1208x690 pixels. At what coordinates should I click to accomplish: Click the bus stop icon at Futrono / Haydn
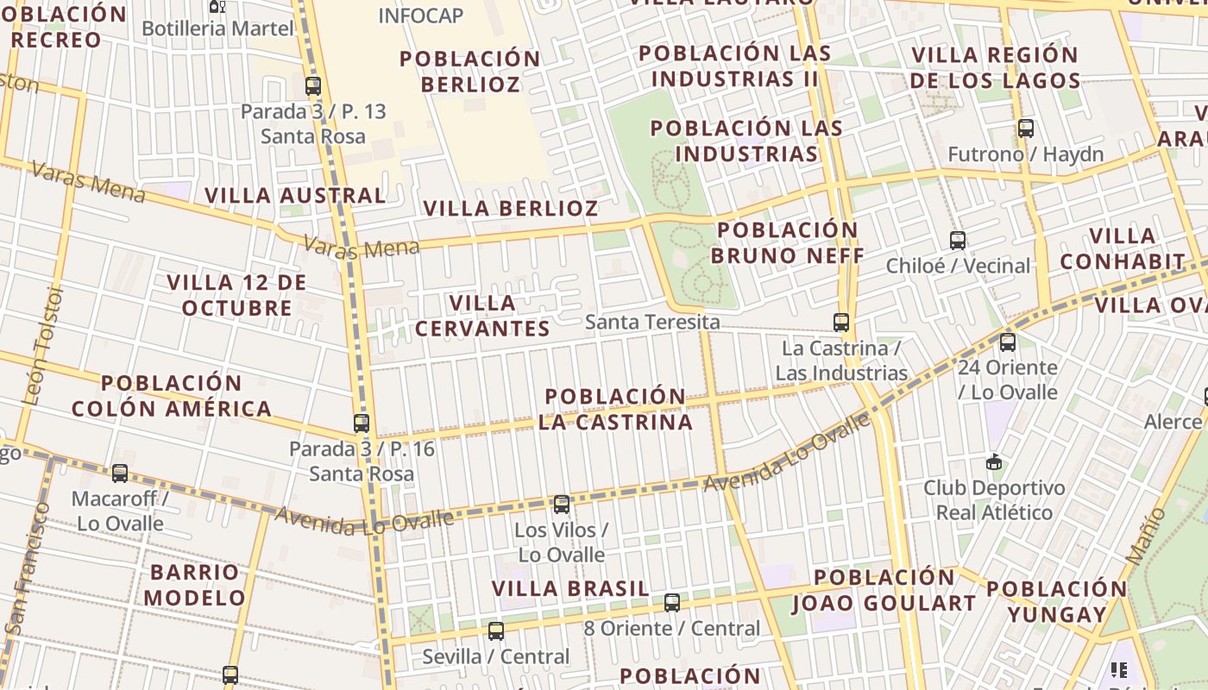tap(1026, 129)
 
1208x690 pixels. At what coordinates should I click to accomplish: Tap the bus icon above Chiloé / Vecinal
tap(958, 241)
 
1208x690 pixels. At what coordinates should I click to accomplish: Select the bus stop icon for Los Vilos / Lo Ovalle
tap(562, 505)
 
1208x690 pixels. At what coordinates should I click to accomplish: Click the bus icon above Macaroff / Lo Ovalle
tap(120, 474)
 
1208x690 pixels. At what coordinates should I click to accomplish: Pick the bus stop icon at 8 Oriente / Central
tap(672, 603)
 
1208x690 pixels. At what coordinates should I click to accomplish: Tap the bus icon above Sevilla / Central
tap(496, 631)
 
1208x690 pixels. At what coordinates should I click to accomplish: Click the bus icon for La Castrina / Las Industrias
tap(841, 323)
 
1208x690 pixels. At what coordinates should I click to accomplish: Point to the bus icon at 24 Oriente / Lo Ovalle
tap(1008, 342)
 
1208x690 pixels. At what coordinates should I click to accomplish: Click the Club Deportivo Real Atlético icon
tap(995, 462)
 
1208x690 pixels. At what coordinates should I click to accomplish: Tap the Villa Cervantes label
tap(482, 316)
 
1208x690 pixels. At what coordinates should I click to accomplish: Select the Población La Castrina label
tap(616, 409)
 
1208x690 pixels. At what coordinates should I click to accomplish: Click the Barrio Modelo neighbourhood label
tap(195, 585)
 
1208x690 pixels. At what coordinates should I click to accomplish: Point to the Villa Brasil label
tap(570, 588)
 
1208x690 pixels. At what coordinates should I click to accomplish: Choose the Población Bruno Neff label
tap(788, 243)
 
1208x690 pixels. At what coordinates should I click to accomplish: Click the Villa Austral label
tap(295, 195)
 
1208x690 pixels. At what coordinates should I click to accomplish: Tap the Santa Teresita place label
tap(652, 323)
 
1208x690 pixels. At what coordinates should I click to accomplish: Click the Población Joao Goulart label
tap(884, 590)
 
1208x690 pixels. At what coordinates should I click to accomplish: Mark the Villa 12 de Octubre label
tap(236, 295)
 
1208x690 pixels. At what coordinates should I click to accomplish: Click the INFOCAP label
tap(421, 16)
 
